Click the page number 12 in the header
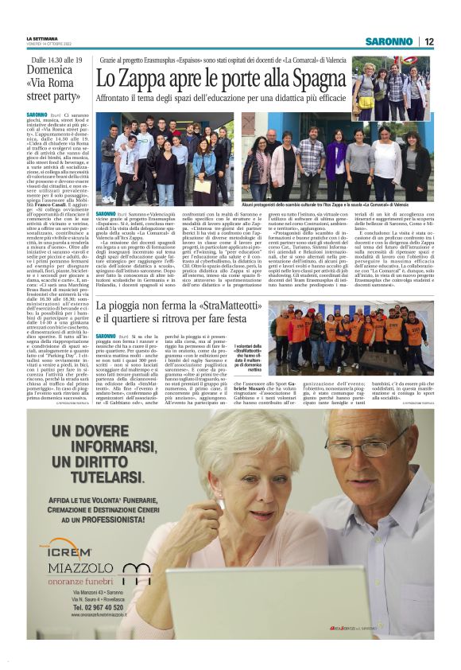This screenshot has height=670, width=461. coord(428,41)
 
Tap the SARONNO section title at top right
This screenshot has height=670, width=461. coord(389,41)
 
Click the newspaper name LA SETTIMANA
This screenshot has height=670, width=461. coord(42,38)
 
